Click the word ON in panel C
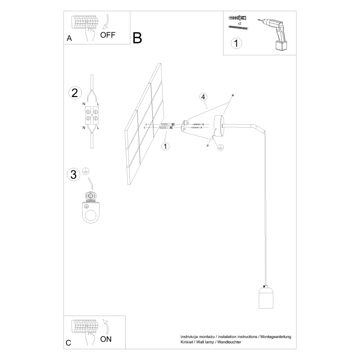(x=106, y=338)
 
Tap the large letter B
(x=137, y=38)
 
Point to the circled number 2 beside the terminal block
(x=75, y=92)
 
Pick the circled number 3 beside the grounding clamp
(x=73, y=175)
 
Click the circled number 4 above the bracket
(x=203, y=97)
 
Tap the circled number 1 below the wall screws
(x=165, y=146)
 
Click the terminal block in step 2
(x=92, y=115)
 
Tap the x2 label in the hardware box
(x=240, y=24)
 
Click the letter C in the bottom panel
(x=68, y=343)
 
